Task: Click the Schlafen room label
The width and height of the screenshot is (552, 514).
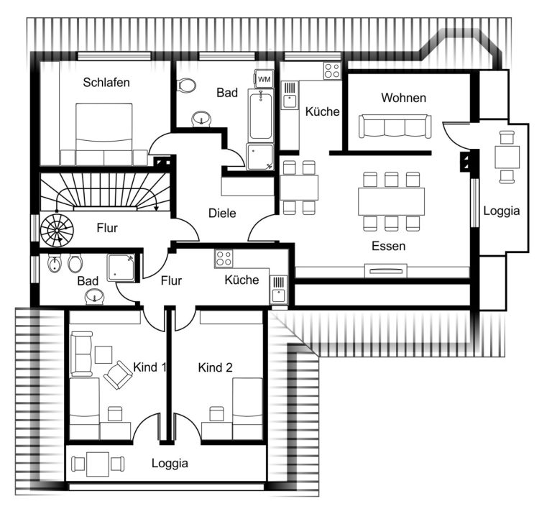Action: pyautogui.click(x=106, y=83)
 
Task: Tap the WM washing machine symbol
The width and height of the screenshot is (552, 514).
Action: pyautogui.click(x=264, y=79)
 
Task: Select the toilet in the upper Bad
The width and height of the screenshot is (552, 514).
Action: pyautogui.click(x=186, y=86)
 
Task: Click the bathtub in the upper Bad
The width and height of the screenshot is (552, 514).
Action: pyautogui.click(x=260, y=115)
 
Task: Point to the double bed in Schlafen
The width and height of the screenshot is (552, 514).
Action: pyautogui.click(x=103, y=134)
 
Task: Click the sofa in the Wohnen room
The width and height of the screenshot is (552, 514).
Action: pyautogui.click(x=395, y=126)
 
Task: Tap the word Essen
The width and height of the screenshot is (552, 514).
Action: pyautogui.click(x=388, y=246)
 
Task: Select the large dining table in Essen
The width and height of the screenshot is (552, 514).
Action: pyautogui.click(x=391, y=201)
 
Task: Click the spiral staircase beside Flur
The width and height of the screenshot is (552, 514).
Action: pyautogui.click(x=57, y=231)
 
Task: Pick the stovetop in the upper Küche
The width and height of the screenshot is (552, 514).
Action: pyautogui.click(x=332, y=70)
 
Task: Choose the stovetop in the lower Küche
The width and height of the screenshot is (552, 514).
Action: pyautogui.click(x=224, y=259)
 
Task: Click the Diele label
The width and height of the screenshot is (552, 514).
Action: pyautogui.click(x=222, y=213)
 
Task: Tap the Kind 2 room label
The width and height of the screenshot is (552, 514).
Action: pyautogui.click(x=215, y=367)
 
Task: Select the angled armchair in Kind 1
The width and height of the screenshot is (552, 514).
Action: pyautogui.click(x=119, y=375)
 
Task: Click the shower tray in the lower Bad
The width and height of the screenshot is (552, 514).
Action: pyautogui.click(x=121, y=268)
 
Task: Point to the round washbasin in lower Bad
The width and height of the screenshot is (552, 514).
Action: pyautogui.click(x=94, y=296)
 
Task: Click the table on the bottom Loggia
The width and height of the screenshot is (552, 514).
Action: pyautogui.click(x=98, y=464)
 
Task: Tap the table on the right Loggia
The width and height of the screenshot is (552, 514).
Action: pyautogui.click(x=507, y=157)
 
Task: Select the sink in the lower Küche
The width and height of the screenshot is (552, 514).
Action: pyautogui.click(x=278, y=290)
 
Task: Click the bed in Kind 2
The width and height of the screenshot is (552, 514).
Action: pyautogui.click(x=247, y=409)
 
